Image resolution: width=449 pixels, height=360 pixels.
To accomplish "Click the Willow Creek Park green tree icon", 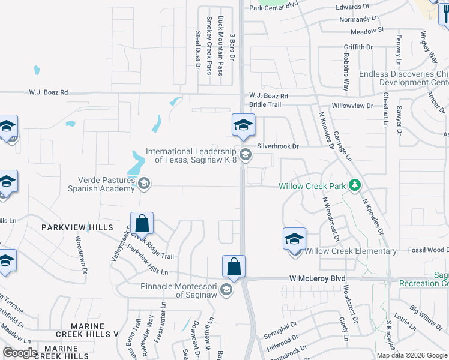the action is [x=355, y=185].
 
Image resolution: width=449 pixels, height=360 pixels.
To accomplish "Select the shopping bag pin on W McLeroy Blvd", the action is [x=234, y=266].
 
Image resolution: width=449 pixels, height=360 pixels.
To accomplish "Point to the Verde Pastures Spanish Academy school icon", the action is [x=143, y=184].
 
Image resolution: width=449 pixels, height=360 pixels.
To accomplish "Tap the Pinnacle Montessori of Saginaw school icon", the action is [x=226, y=291].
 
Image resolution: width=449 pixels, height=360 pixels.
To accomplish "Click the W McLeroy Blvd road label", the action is [x=318, y=278].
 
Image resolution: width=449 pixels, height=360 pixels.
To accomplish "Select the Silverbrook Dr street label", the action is [x=278, y=146].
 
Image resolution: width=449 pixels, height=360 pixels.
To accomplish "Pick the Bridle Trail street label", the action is [x=265, y=104].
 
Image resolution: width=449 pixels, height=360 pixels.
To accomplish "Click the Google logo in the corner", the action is [x=20, y=353].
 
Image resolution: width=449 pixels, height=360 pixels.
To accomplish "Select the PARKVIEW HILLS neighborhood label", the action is [x=77, y=227].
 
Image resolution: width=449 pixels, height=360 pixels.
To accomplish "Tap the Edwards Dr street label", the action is [x=352, y=7].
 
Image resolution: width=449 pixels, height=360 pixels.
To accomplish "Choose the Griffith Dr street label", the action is [x=354, y=47].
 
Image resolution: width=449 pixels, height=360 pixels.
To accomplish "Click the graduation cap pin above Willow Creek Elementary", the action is [x=294, y=239].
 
